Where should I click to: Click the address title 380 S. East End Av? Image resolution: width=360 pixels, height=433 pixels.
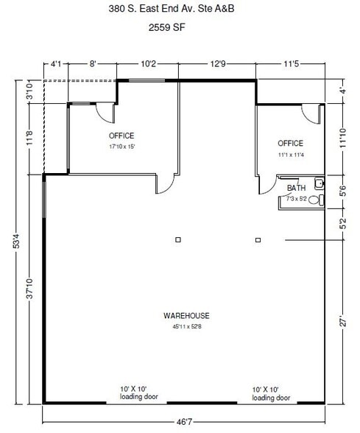click(180, 10)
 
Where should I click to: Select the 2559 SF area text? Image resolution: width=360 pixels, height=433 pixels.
click(180, 32)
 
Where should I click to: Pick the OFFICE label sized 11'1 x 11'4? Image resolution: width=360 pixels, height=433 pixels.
click(290, 142)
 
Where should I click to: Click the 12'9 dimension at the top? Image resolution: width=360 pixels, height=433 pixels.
click(218, 64)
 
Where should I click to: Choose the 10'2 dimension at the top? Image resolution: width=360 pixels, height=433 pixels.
click(147, 64)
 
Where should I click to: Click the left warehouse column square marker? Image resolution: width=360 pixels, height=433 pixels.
click(177, 240)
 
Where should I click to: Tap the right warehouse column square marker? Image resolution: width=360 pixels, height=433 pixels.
click(258, 240)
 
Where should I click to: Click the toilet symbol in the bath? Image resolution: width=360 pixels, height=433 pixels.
click(314, 200)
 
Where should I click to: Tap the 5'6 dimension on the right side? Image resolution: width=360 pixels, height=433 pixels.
click(340, 189)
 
